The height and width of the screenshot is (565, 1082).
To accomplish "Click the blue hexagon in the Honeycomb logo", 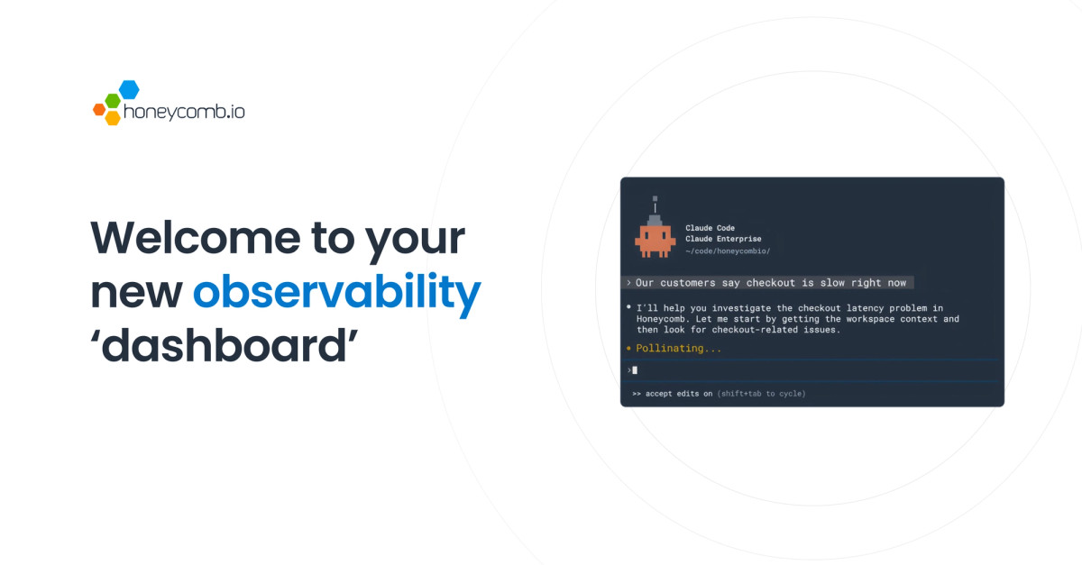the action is [x=129, y=89].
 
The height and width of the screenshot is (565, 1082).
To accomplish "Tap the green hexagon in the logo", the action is [x=113, y=100].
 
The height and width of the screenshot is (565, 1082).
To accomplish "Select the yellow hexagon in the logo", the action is [x=113, y=118].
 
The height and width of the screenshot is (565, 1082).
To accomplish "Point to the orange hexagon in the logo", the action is [x=99, y=110].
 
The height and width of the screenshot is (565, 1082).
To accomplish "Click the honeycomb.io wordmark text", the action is [x=184, y=112].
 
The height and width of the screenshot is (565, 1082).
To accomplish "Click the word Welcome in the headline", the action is [x=196, y=238].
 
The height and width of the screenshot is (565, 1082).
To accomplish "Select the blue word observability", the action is [x=336, y=291].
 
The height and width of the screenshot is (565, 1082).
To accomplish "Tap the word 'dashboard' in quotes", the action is [x=224, y=345].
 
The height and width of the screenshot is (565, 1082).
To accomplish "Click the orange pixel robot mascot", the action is [x=655, y=240].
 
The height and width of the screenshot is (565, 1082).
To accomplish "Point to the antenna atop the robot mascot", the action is [x=655, y=205].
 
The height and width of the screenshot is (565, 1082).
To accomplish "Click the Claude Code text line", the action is [x=711, y=228].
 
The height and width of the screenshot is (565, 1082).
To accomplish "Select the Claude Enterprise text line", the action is [x=723, y=239].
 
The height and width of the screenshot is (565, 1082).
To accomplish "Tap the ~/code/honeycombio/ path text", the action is [x=728, y=251].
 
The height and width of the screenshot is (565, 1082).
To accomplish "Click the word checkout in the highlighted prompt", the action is [x=770, y=283].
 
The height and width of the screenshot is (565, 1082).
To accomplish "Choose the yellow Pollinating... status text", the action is [x=679, y=348].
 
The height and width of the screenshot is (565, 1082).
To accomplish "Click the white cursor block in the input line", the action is [x=635, y=370].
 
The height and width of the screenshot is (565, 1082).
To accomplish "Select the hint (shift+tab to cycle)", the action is [x=762, y=394].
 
